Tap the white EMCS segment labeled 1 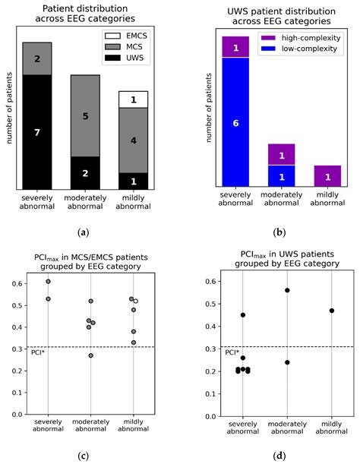click(x=133, y=99)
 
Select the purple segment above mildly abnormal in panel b click(x=327, y=176)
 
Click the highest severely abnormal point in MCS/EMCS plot click(x=48, y=282)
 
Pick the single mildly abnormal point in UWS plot click(x=331, y=311)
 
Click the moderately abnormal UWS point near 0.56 click(x=287, y=290)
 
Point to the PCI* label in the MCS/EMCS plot click(x=36, y=352)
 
